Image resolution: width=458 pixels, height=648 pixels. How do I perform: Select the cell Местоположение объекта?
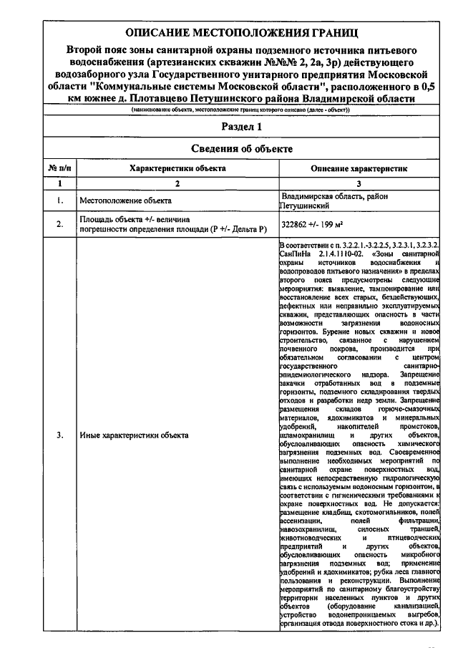(x=125, y=200)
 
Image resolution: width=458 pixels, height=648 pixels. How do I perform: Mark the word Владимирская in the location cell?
(x=308, y=195)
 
